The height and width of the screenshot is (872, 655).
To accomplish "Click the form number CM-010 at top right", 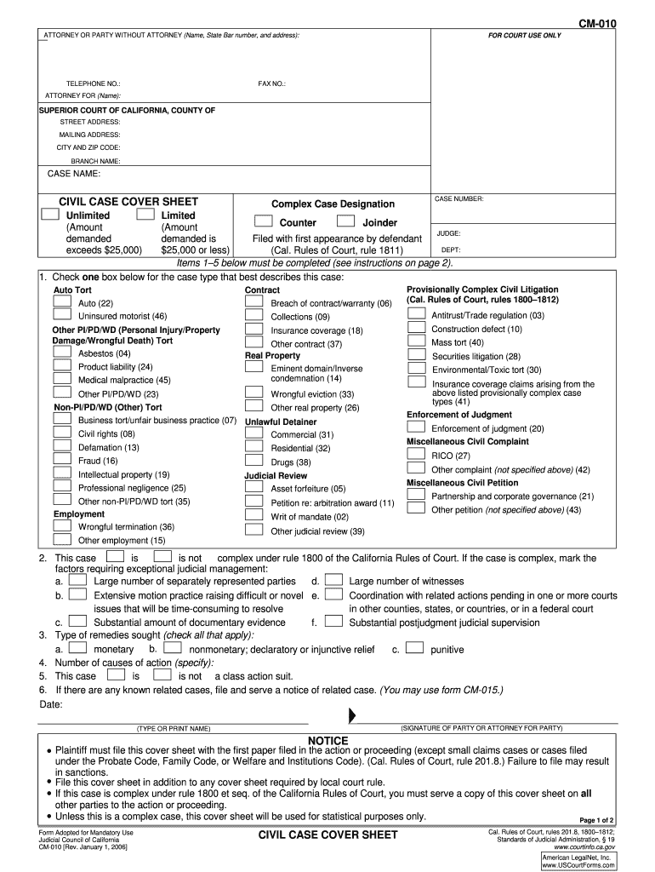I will click(x=598, y=25).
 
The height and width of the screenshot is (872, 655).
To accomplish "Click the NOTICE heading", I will click(x=327, y=741).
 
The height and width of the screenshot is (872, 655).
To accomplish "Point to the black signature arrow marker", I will click(x=352, y=715).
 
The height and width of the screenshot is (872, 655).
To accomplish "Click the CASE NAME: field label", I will click(x=74, y=175).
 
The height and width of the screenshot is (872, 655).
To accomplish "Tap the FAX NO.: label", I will click(x=272, y=83).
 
